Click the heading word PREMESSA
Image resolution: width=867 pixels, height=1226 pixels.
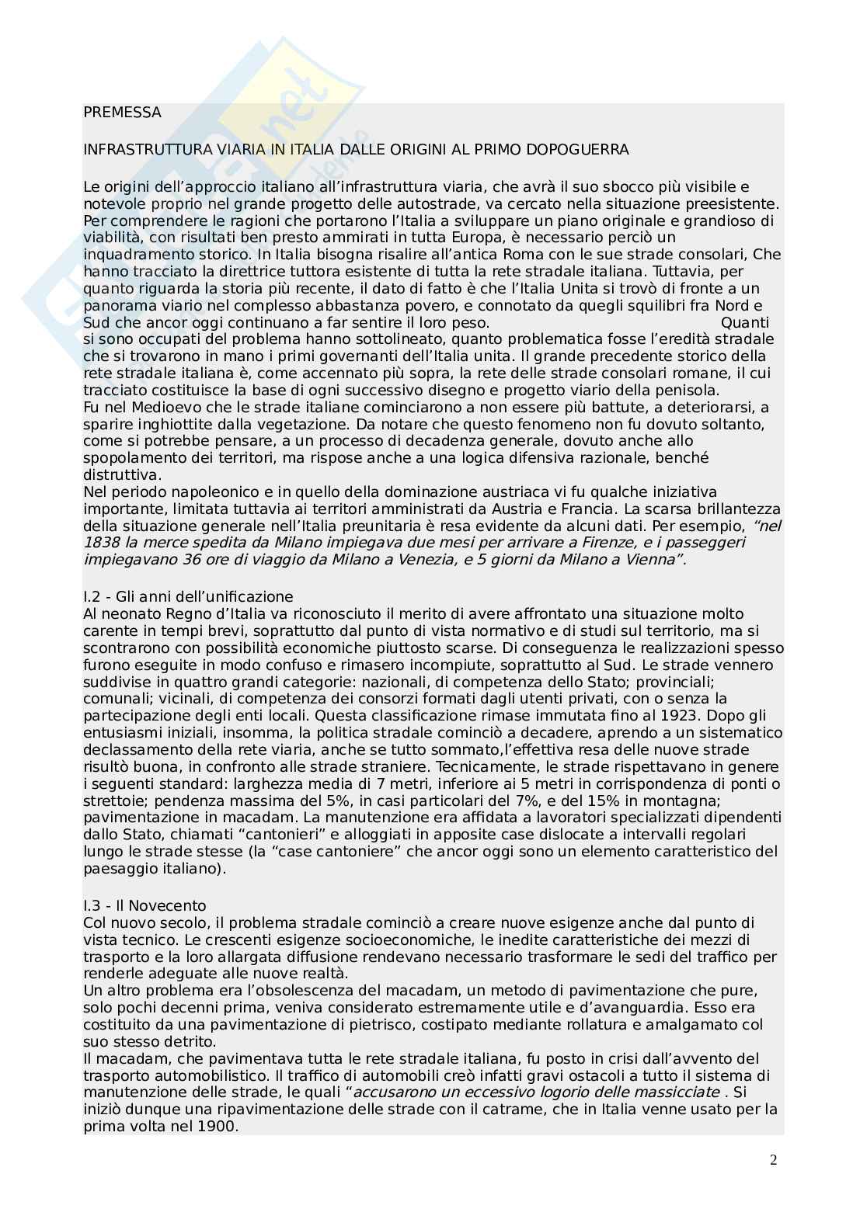122,113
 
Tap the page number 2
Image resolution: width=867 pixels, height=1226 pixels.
773,1161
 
